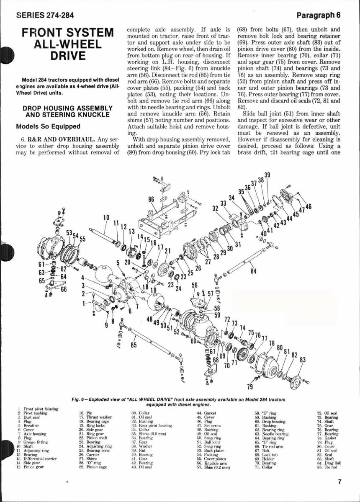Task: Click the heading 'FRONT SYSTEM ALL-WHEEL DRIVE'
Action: tap(67, 44)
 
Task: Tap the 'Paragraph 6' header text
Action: tap(318, 15)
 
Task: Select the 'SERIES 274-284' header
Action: tap(45, 15)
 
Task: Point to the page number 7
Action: tap(339, 482)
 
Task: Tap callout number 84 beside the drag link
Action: tap(253, 271)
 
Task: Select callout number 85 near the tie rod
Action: tap(134, 345)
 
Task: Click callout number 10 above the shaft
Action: tap(106, 217)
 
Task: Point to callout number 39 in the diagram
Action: tap(267, 175)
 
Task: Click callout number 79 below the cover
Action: tap(250, 386)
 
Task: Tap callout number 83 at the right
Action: tap(302, 360)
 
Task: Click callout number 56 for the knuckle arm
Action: tap(195, 284)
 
